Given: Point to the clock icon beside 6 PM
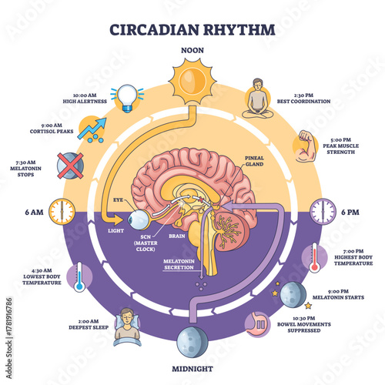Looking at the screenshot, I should (x=323, y=209).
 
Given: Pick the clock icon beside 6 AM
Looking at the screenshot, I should (x=62, y=209).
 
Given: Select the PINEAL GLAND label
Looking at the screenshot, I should (x=256, y=160).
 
